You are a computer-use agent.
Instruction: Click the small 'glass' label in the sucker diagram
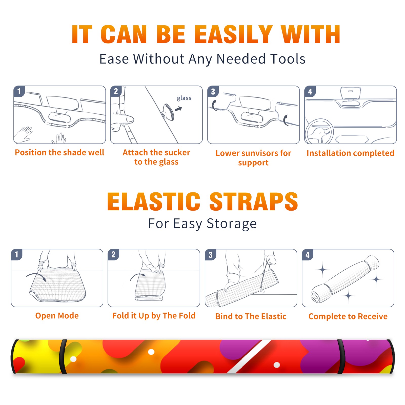pyautogui.click(x=184, y=98)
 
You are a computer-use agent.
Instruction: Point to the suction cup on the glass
pyautogui.click(x=168, y=112)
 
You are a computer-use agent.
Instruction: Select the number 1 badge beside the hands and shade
pyautogui.click(x=19, y=91)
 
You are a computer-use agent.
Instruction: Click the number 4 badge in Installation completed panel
pyautogui.click(x=310, y=91)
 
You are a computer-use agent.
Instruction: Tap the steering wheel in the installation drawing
pyautogui.click(x=319, y=131)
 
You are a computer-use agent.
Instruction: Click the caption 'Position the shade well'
pyautogui.click(x=59, y=152)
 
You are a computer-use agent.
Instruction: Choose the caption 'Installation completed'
pyautogui.click(x=350, y=153)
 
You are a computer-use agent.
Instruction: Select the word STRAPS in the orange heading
pyautogui.click(x=254, y=201)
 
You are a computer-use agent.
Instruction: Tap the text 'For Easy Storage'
pyautogui.click(x=202, y=224)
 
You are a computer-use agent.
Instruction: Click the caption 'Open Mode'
pyautogui.click(x=57, y=316)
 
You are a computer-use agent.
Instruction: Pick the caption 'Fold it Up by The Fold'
pyautogui.click(x=154, y=316)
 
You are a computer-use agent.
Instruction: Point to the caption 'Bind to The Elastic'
pyautogui.click(x=251, y=316)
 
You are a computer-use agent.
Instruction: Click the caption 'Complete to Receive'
pyautogui.click(x=348, y=316)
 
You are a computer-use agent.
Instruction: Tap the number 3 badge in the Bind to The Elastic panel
pyautogui.click(x=211, y=255)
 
